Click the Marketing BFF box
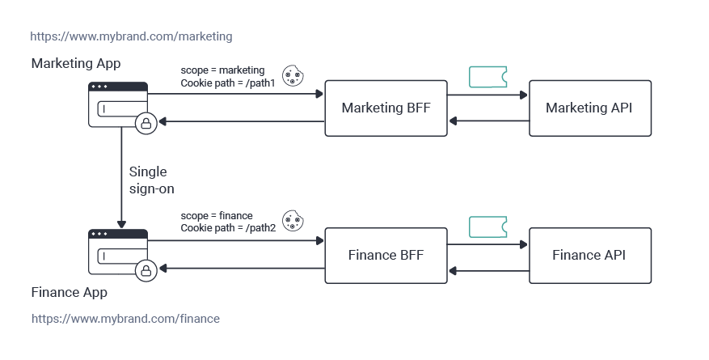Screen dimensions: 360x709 tap(386, 108)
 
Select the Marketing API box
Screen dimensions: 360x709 tap(589, 108)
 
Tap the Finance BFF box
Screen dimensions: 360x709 tap(386, 256)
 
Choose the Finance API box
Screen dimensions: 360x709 tap(589, 256)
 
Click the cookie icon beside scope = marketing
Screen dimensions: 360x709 tap(292, 75)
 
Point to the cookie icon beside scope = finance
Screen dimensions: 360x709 tap(292, 221)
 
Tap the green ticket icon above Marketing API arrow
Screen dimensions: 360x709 tap(487, 77)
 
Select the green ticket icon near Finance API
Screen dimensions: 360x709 tap(487, 227)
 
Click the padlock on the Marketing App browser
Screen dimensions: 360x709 tap(146, 122)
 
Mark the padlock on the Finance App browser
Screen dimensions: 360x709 tap(146, 269)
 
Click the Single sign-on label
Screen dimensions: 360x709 tap(151, 180)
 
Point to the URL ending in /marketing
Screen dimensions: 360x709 tap(131, 36)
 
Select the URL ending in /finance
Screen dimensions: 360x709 tap(125, 319)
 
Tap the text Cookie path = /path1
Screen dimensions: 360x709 tap(228, 83)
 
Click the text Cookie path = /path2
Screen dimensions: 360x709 tap(228, 228)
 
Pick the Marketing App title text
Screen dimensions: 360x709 tap(76, 62)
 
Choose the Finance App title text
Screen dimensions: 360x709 tap(69, 292)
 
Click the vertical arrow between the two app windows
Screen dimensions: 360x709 tap(121, 178)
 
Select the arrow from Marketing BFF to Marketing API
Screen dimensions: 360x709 tap(487, 95)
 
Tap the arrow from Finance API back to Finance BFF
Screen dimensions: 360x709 tap(487, 269)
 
